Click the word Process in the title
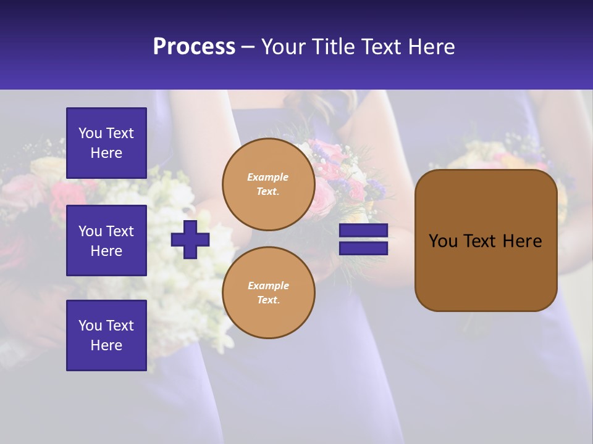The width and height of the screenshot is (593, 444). click(194, 47)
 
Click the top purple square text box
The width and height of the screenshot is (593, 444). click(106, 143)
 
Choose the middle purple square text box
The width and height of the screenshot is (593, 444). click(106, 240)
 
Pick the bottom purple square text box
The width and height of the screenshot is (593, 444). click(106, 335)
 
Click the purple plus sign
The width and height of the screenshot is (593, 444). click(190, 239)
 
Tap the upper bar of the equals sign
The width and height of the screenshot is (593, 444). click(363, 231)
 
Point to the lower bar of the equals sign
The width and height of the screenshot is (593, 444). click(363, 248)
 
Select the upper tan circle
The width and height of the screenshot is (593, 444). click(269, 184)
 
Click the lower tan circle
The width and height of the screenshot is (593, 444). click(269, 293)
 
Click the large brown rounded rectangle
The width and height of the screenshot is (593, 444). click(486, 240)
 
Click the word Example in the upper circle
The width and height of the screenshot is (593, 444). click(268, 178)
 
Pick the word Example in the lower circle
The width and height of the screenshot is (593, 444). click(268, 286)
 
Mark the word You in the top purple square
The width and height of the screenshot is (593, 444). click(90, 133)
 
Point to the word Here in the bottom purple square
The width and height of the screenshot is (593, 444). click(106, 345)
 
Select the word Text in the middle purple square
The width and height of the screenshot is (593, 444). click(120, 231)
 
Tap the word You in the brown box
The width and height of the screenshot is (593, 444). click(443, 241)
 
